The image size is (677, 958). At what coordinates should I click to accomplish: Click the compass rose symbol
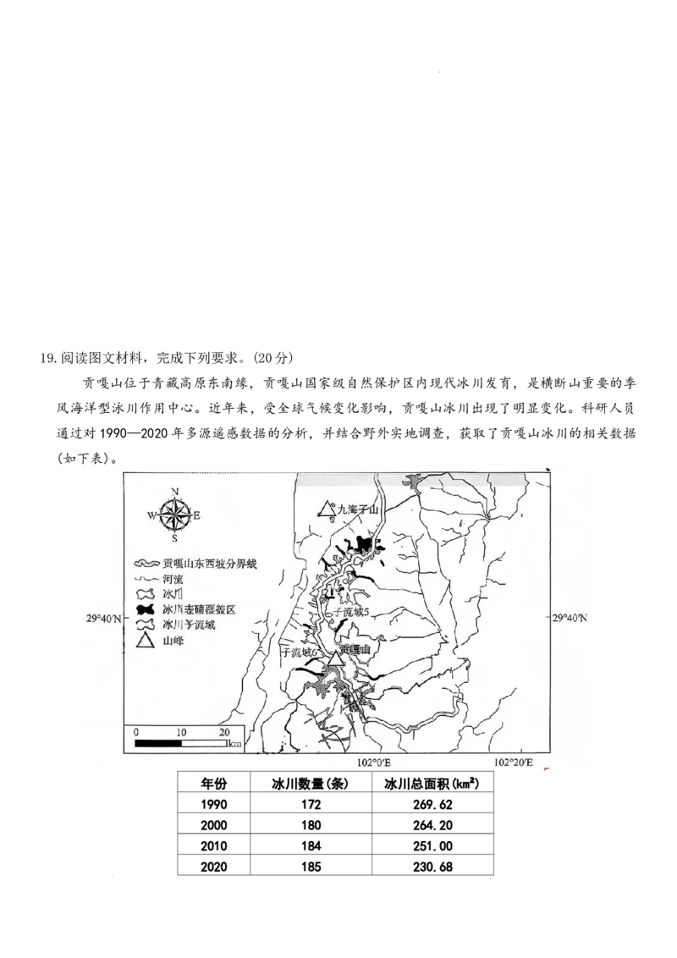click(x=174, y=514)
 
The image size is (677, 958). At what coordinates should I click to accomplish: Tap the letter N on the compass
click(x=174, y=492)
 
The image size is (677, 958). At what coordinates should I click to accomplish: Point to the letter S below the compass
click(x=174, y=537)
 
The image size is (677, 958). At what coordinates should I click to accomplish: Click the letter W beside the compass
click(x=151, y=515)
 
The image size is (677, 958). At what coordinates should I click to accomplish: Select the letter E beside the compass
click(x=196, y=515)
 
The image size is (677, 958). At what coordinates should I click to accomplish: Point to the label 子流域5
click(x=353, y=611)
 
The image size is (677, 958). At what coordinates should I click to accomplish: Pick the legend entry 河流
click(x=173, y=579)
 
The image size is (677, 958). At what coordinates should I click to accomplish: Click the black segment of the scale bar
click(x=158, y=744)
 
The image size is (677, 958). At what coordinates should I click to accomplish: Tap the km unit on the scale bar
click(x=234, y=744)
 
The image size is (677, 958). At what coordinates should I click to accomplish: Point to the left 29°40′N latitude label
click(x=100, y=619)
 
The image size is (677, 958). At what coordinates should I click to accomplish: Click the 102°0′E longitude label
click(x=372, y=763)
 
